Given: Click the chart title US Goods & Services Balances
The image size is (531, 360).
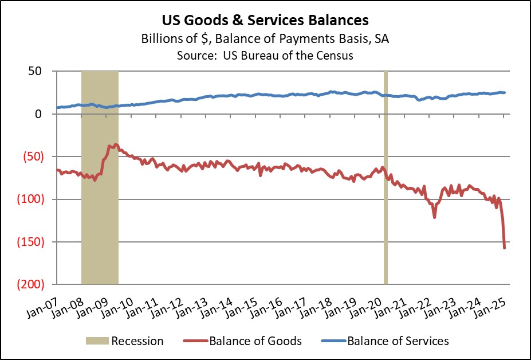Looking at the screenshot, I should tap(265, 21).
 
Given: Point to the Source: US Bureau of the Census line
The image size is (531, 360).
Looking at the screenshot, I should tap(265, 56).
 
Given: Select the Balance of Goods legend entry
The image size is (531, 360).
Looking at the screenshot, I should tap(255, 341).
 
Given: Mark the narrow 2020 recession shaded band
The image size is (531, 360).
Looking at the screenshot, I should tap(386, 178).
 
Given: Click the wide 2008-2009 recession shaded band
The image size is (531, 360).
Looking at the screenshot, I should tap(100, 178).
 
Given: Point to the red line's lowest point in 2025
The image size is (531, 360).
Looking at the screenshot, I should tap(504, 248).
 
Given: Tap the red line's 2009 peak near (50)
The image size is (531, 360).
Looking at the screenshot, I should tap(116, 144).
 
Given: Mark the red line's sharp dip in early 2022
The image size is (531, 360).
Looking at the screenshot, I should tap(435, 217).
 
